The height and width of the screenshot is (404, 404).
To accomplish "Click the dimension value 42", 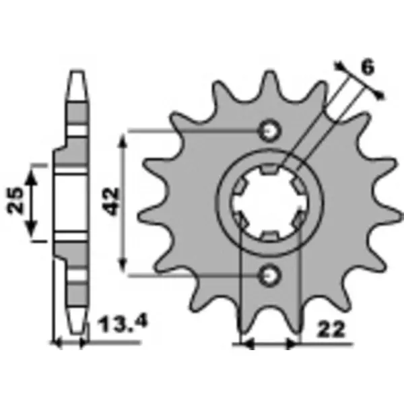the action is click(111, 202).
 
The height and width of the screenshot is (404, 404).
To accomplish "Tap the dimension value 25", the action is click(15, 200).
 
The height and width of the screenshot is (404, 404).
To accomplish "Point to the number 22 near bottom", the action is click(331, 329).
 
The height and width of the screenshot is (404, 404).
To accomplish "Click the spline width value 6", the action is click(368, 67).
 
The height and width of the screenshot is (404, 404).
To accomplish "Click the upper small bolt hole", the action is click(270, 131).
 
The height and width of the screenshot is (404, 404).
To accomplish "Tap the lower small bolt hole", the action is click(269, 275).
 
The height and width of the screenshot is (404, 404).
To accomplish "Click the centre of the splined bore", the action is click(269, 203).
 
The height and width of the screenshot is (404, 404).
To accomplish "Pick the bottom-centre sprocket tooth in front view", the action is click(270, 321).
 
